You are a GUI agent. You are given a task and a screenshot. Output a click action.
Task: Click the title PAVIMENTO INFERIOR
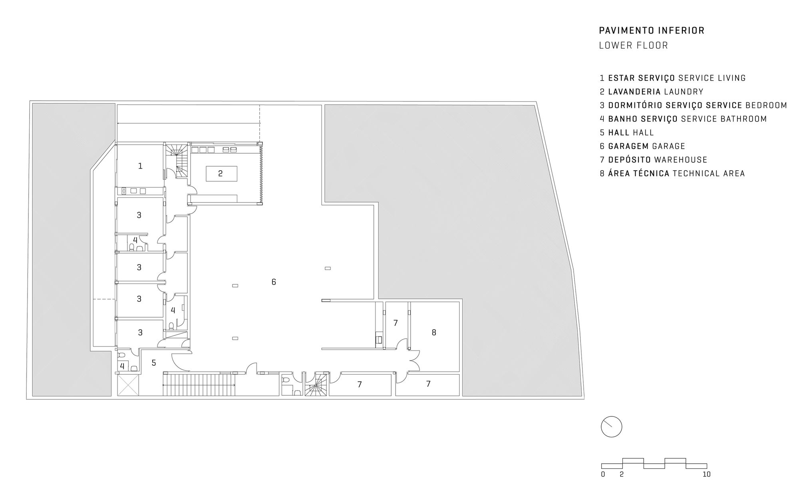652,31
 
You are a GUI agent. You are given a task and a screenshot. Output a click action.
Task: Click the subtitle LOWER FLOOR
634,46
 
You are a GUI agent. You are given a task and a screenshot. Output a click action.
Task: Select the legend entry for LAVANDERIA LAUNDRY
652,92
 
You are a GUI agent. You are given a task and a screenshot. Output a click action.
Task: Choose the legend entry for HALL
627,133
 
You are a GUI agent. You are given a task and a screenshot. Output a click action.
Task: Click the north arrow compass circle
611,427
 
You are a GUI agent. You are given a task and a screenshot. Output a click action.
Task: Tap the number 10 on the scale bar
706,474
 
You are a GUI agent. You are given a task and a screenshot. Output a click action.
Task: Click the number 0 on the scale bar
603,474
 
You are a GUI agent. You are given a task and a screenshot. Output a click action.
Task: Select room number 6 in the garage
274,282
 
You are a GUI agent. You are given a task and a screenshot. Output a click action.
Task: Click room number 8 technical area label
434,332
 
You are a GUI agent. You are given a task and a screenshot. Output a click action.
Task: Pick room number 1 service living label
140,166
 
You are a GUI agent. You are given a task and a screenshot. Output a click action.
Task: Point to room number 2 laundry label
220,173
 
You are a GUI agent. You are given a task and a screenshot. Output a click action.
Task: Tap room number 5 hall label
154,363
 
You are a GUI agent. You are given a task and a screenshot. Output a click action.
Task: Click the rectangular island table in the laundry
222,174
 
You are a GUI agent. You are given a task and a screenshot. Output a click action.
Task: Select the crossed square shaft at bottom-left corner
128,385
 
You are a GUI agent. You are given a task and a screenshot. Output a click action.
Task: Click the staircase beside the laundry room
177,160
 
